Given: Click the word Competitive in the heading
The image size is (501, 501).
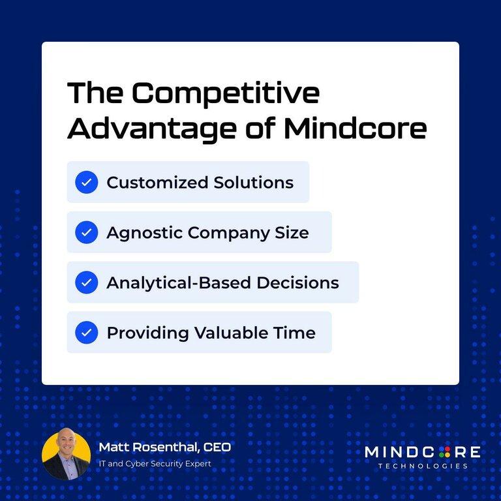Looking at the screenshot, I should (x=226, y=94).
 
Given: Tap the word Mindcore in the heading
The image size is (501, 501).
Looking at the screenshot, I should (x=355, y=128).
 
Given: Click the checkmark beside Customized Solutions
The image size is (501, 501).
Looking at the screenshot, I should (x=86, y=182).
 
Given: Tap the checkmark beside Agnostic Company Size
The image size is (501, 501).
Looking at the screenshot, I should (x=86, y=232).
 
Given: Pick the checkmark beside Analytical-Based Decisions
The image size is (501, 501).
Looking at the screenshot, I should (x=86, y=282).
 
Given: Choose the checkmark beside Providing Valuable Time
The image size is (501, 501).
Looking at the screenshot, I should (x=86, y=333).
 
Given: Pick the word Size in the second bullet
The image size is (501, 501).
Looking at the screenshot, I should (x=295, y=233).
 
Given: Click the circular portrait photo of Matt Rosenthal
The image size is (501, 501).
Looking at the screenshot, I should (x=66, y=454).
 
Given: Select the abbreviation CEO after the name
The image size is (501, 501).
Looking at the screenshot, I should (x=217, y=448).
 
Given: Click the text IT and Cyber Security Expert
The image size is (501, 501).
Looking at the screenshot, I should (x=155, y=464).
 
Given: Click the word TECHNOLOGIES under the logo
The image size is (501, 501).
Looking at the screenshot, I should (x=423, y=466).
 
